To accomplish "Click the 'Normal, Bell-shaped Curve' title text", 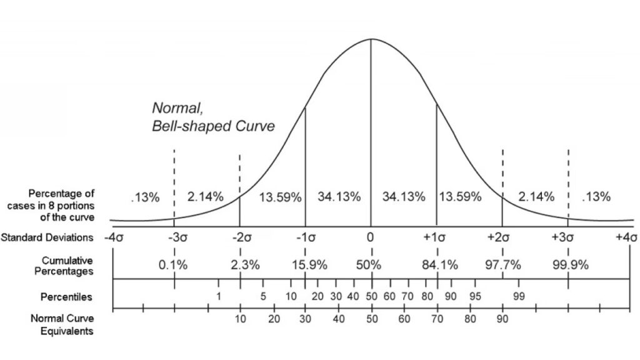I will click(x=213, y=117).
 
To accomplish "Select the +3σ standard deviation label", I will click(x=567, y=238).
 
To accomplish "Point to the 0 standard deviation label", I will click(x=370, y=238).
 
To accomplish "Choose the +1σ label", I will click(x=436, y=238).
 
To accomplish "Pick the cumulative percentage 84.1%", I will click(x=439, y=264).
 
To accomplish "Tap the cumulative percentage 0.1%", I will click(x=173, y=264).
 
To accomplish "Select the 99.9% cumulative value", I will click(x=571, y=264).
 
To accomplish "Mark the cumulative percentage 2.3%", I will click(x=244, y=264).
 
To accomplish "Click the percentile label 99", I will click(x=519, y=296).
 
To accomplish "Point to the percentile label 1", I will click(x=219, y=296).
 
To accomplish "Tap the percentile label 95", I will click(x=475, y=296).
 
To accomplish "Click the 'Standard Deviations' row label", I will click(x=47, y=238).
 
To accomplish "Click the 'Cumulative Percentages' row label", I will click(x=67, y=265).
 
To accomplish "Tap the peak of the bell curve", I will click(x=371, y=39).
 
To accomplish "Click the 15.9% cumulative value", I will click(x=309, y=264).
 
